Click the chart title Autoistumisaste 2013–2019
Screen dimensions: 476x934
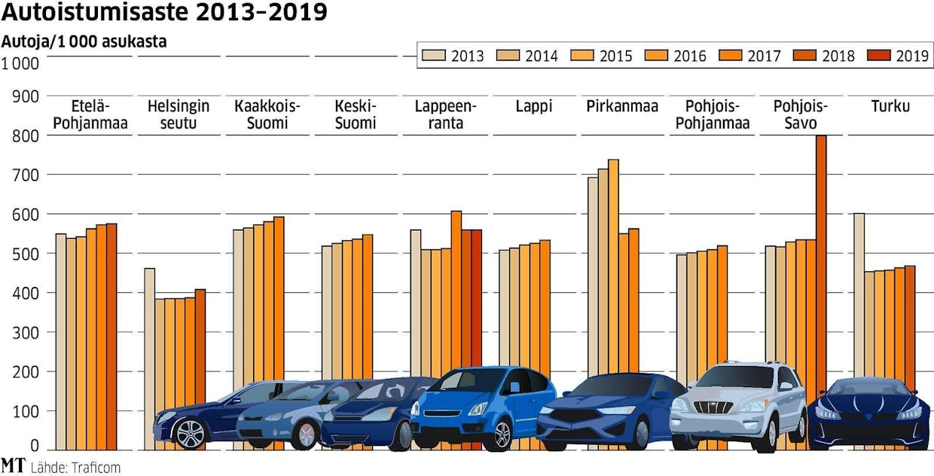click(165, 13)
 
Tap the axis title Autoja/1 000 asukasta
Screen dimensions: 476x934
click(85, 42)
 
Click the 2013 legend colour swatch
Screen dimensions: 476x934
click(434, 55)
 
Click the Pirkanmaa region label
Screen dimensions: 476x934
click(621, 106)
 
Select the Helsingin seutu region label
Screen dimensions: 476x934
click(179, 114)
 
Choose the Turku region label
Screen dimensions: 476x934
click(890, 106)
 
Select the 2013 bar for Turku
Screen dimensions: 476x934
click(859, 294)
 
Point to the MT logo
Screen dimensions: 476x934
click(13, 465)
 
